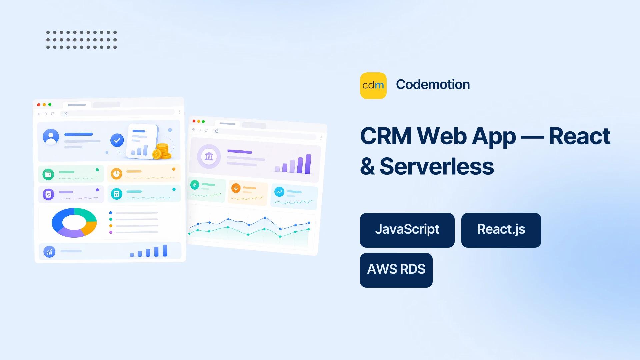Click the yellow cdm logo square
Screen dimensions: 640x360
coord(373,86)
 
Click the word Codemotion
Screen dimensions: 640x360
coord(433,85)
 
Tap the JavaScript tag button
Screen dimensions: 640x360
coord(407,230)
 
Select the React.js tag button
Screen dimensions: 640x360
coord(501,230)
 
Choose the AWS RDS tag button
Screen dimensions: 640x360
coord(396,270)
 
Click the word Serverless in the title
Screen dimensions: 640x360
coord(437,166)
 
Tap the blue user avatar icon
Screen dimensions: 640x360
coord(51,137)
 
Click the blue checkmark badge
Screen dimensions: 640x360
coord(117,140)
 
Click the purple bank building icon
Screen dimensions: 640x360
coord(209,156)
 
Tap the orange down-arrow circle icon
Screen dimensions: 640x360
coord(236,188)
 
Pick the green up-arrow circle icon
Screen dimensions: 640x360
coord(195,184)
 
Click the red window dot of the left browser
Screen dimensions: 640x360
coord(39,105)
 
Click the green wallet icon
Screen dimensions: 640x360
coord(48,174)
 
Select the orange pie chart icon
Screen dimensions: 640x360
coord(116,174)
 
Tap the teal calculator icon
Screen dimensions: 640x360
coord(117,194)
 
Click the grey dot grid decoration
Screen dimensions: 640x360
coord(81,40)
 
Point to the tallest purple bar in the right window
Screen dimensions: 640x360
coord(308,164)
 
